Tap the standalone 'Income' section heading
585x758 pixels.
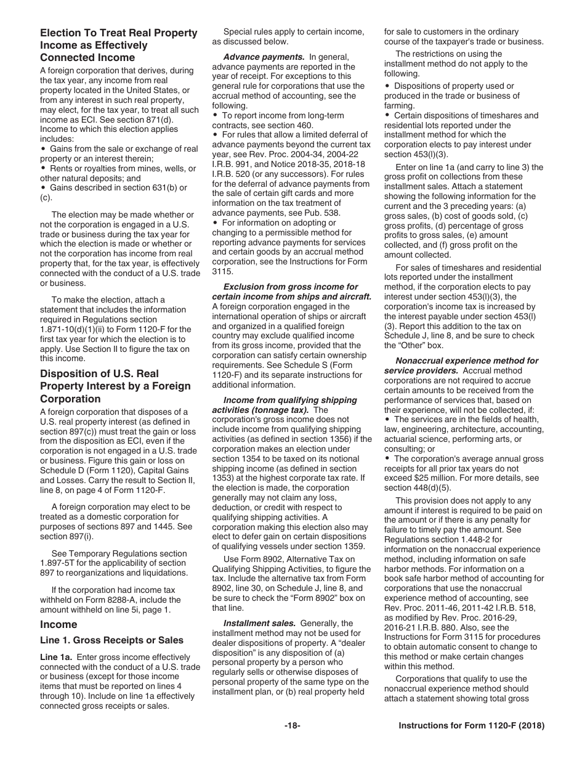click(x=58, y=624)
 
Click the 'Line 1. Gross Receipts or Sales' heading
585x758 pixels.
click(x=111, y=640)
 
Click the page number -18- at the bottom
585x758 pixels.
click(x=292, y=726)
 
